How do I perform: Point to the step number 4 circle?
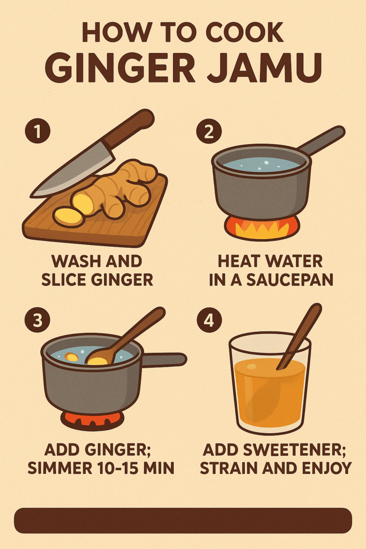208,321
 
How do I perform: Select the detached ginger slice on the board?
68,217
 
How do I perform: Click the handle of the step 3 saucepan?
163,359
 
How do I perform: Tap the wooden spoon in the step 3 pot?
129,335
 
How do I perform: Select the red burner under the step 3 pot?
92,419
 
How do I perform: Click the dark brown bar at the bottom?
183,520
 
